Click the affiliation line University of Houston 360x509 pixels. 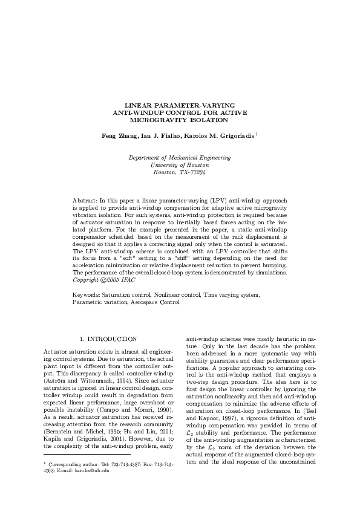point(180,164)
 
